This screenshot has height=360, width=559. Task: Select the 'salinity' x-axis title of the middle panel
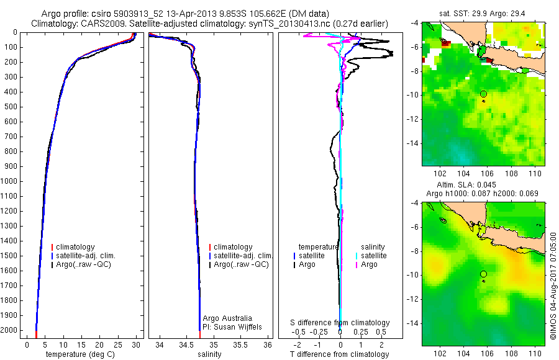coord(209,354)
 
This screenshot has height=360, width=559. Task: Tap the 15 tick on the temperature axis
coord(81,343)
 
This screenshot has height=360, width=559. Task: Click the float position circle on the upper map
coord(483,94)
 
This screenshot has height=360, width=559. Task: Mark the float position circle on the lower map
coord(483,274)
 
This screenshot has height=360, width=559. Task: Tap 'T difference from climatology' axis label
coord(340,354)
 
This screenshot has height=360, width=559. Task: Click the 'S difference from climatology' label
coord(340,323)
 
